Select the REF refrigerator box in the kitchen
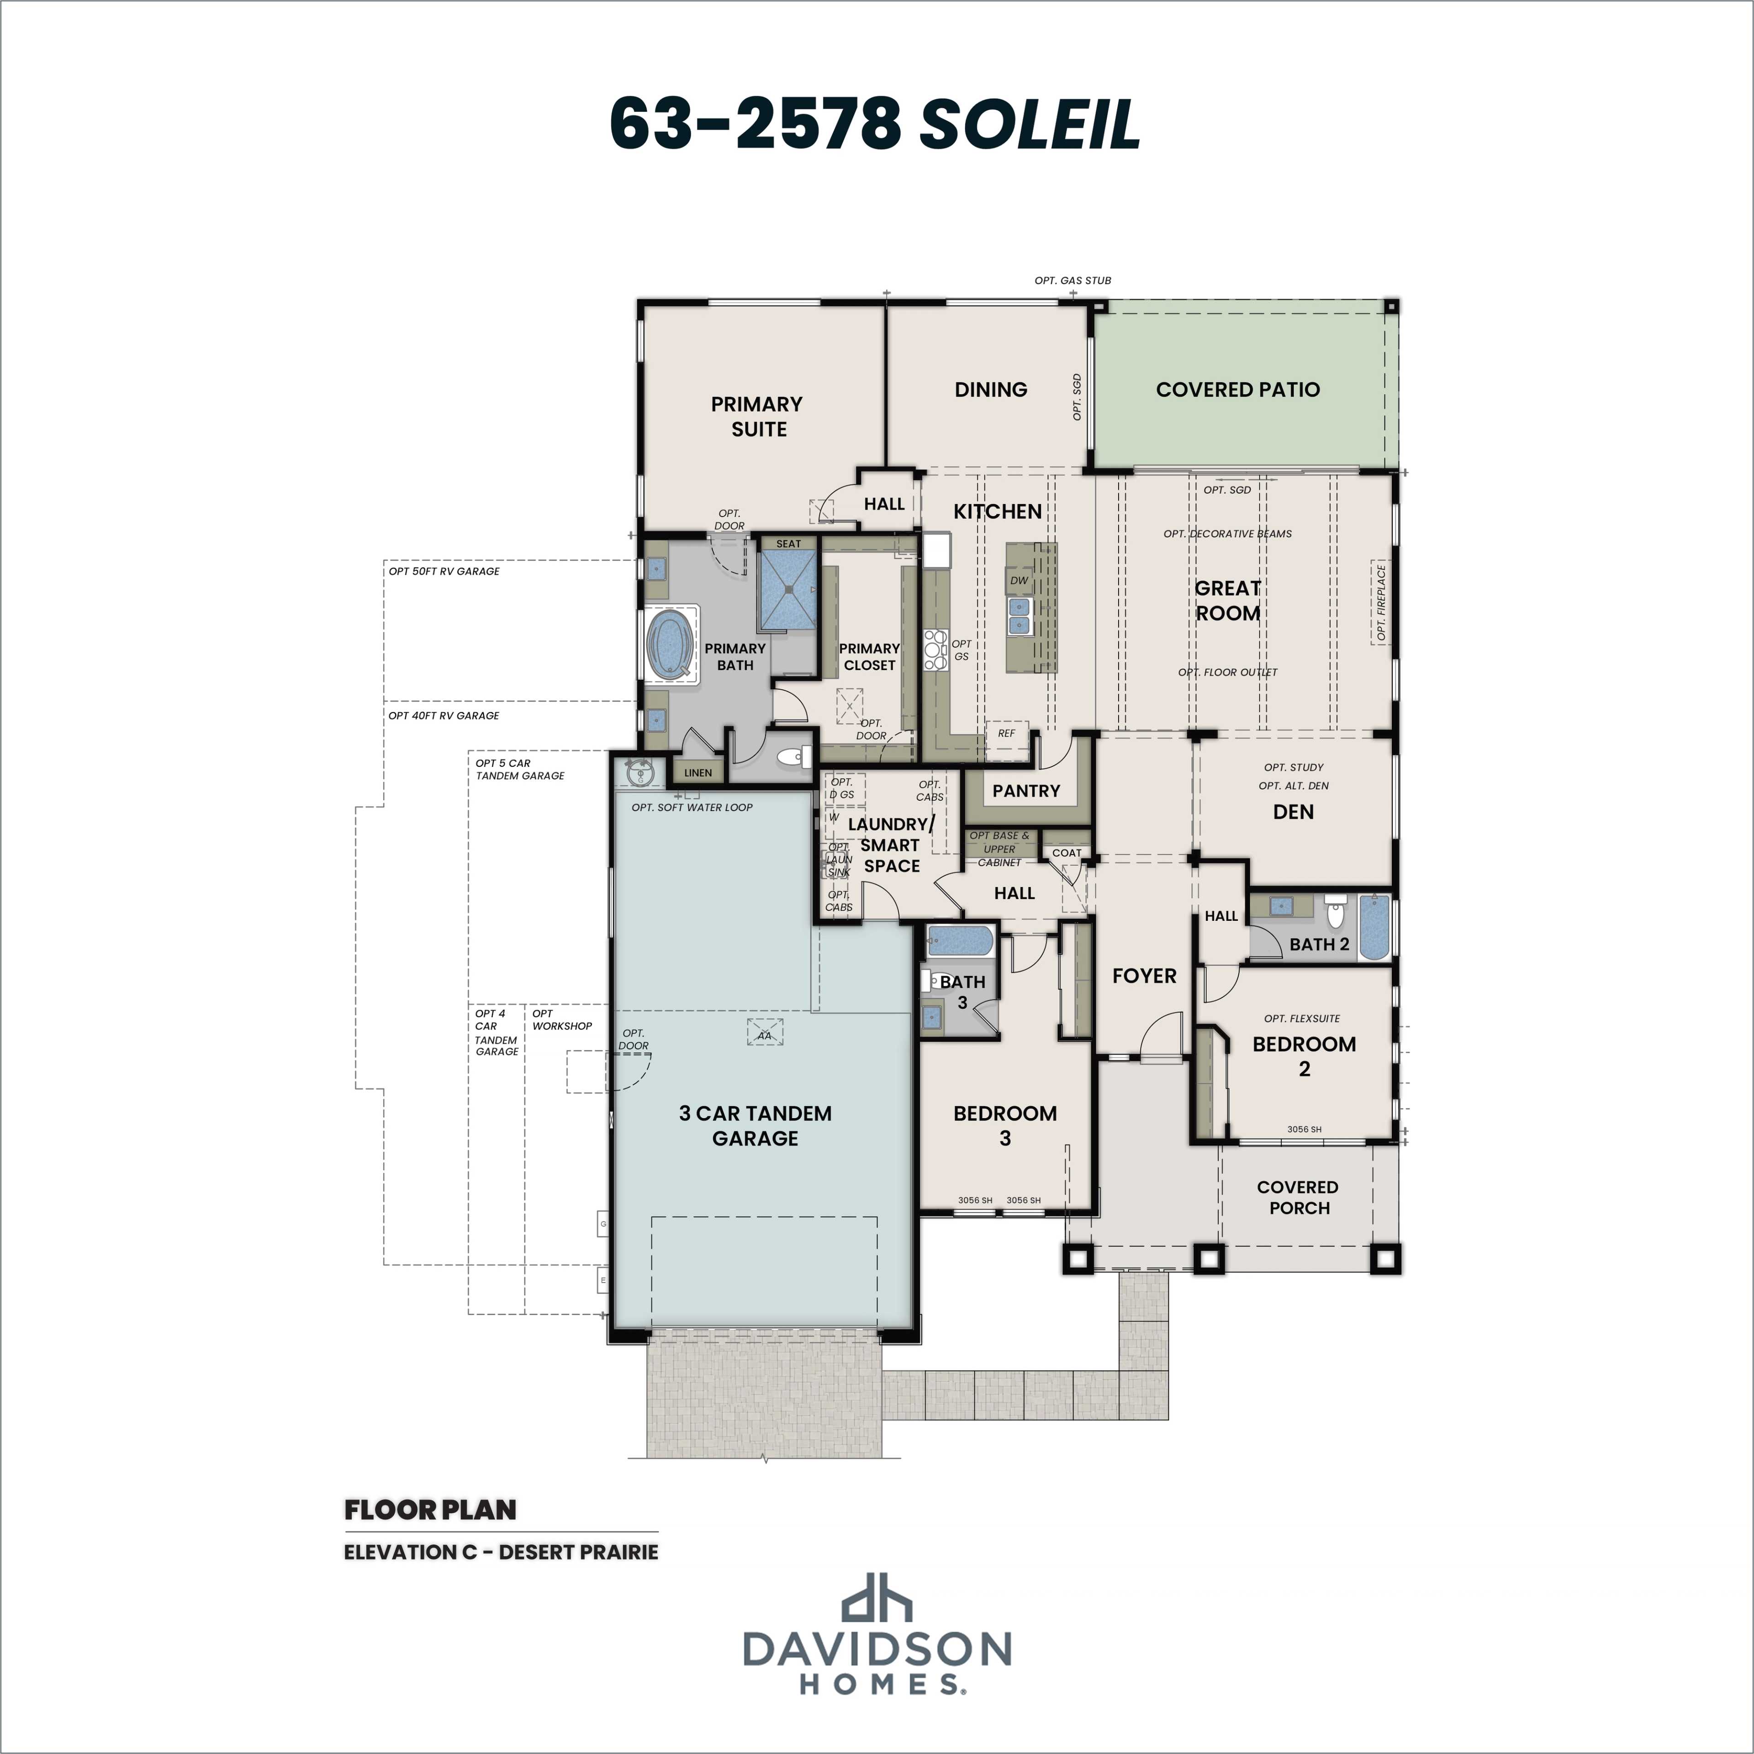(1006, 734)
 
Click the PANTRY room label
(1026, 791)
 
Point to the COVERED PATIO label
(1237, 390)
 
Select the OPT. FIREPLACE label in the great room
(1381, 603)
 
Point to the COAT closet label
(1067, 852)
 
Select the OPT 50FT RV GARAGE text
(444, 571)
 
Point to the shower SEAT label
(788, 544)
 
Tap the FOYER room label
(1144, 976)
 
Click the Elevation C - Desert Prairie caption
(500, 1552)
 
